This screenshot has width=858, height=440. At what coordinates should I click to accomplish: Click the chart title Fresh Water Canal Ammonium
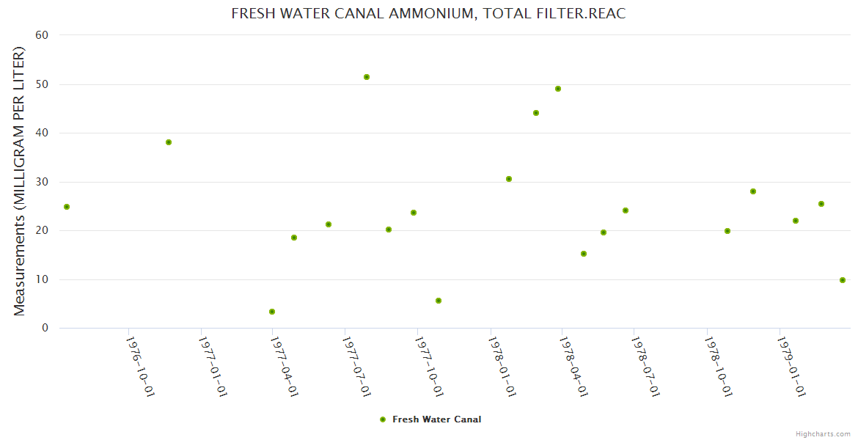coord(428,14)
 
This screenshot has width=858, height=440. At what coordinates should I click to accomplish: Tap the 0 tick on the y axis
coord(45,328)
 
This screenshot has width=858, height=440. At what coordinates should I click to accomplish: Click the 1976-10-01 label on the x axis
coord(139,366)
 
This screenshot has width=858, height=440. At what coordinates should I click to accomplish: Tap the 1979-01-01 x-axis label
coord(791,366)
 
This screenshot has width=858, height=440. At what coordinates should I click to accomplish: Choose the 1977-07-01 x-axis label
coord(356,366)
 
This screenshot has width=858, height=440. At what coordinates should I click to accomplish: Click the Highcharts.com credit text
coord(823,433)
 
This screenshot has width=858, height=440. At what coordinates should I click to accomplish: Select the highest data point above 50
coord(367,77)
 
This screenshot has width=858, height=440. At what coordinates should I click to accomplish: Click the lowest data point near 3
coord(272,312)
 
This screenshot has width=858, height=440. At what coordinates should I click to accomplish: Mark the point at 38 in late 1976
coord(169,142)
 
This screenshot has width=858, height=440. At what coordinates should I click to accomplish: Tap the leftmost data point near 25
coord(67,207)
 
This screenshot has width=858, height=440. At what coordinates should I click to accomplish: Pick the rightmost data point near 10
coord(843,280)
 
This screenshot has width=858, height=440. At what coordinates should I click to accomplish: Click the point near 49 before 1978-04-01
coord(558,89)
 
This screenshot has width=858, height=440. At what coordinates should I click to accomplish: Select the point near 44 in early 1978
coord(536,113)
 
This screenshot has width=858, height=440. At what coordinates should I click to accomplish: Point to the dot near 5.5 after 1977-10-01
coord(439,301)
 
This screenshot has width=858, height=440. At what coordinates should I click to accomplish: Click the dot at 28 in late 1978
coord(753,191)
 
